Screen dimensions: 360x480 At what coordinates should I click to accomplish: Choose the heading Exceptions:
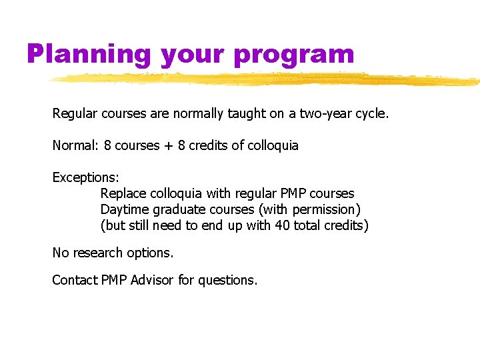point(86,178)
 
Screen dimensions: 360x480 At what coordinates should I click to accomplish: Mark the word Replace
point(123,193)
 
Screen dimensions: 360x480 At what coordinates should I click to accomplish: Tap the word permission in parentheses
point(325,210)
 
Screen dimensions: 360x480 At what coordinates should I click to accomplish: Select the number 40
point(282,225)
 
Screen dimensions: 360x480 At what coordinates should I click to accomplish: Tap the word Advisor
point(153,281)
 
